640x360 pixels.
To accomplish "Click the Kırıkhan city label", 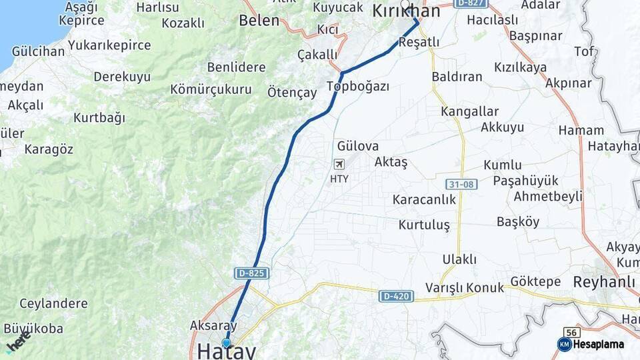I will pyautogui.click(x=406, y=11).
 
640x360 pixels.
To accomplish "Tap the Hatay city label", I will pyautogui.click(x=227, y=351).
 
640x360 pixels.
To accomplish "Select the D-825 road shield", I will pyautogui.click(x=252, y=273).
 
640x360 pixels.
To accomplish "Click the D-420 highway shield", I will pyautogui.click(x=396, y=295).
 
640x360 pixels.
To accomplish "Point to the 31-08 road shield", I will pyautogui.click(x=462, y=183).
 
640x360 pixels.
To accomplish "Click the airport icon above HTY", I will pyautogui.click(x=339, y=164).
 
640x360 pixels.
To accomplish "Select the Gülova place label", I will pyautogui.click(x=358, y=146).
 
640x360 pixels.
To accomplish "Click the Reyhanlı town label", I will pyautogui.click(x=604, y=282).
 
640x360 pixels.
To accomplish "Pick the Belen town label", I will pyautogui.click(x=259, y=20).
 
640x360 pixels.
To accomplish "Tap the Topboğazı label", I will pyautogui.click(x=358, y=86).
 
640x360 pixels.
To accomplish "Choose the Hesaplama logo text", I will pyautogui.click(x=599, y=344).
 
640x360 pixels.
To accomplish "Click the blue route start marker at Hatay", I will pyautogui.click(x=227, y=343).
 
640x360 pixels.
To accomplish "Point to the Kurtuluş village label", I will pyautogui.click(x=424, y=225).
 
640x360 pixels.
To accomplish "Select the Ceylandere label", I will pyautogui.click(x=53, y=304).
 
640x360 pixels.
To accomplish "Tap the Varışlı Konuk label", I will pyautogui.click(x=465, y=288).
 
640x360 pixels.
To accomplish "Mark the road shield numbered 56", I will pyautogui.click(x=571, y=332).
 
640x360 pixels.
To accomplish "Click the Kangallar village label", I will pyautogui.click(x=469, y=111).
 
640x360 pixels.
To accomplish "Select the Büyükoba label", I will pyautogui.click(x=33, y=328).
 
